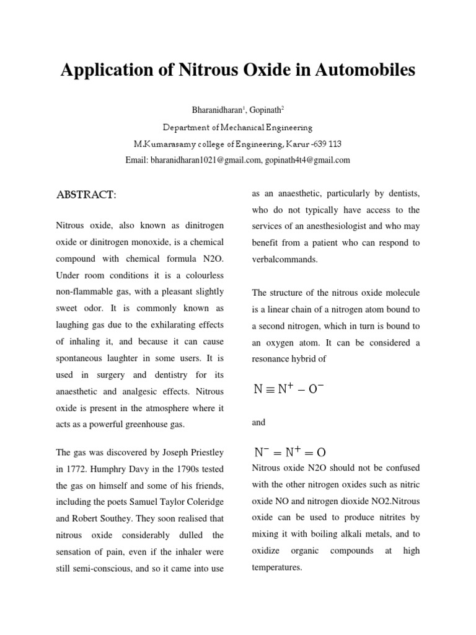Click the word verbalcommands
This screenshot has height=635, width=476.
coord(284,259)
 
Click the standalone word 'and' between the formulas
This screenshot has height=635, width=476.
coord(258,422)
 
